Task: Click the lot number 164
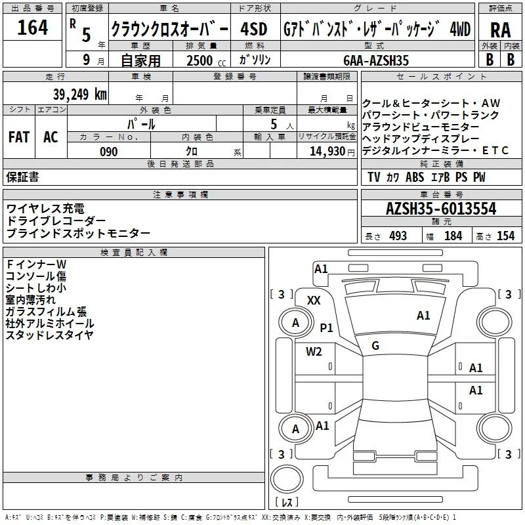pos(32,28)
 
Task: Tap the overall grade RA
pos(500,30)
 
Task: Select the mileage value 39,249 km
pos(79,94)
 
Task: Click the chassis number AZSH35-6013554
pos(441,209)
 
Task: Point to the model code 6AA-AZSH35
pos(376,60)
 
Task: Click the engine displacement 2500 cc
pos(206,60)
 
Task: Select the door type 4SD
pos(254,29)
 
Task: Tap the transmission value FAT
pos(19,137)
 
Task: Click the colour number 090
pos(108,152)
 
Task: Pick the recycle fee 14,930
pos(327,152)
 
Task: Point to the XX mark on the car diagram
pos(314,301)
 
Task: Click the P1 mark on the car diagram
pos(326,327)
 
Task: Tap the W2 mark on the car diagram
pos(314,352)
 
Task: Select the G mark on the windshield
pos(375,346)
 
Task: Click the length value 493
pos(398,236)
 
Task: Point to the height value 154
pos(505,236)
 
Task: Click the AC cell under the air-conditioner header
pos(51,137)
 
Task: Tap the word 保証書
pos(22,177)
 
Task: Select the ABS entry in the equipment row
pos(415,177)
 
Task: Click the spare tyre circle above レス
pos(287,479)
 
